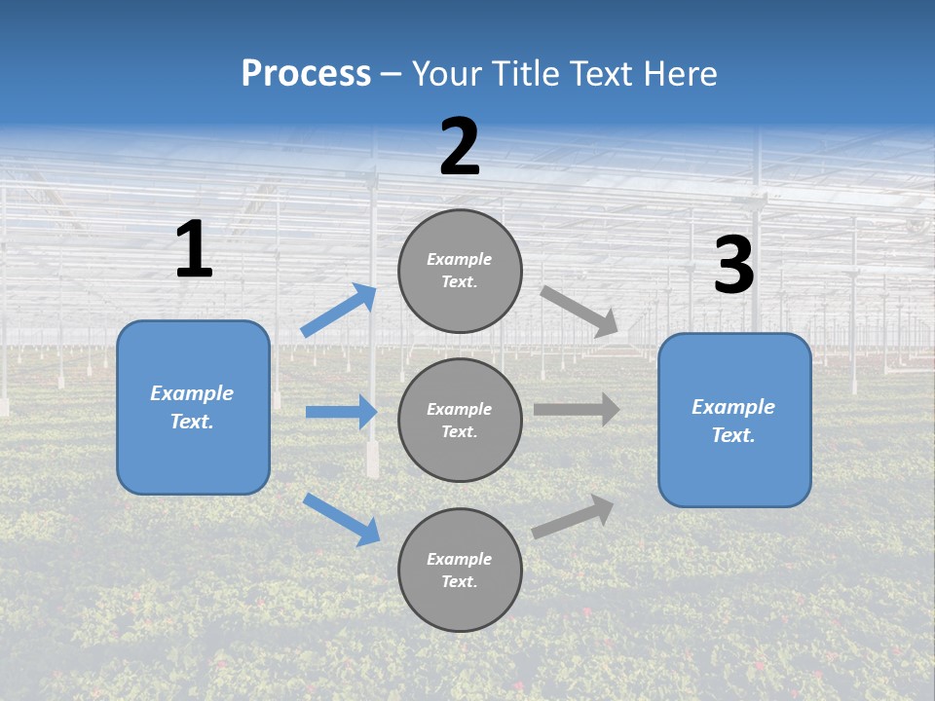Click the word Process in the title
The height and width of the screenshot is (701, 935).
(306, 74)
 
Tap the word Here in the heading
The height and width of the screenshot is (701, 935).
(679, 74)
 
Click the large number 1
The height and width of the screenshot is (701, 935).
(194, 249)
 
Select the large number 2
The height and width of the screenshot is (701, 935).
(460, 147)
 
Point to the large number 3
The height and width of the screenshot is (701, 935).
(733, 266)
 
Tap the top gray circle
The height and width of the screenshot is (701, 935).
(461, 271)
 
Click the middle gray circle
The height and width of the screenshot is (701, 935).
(461, 420)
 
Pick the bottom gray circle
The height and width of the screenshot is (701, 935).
(461, 570)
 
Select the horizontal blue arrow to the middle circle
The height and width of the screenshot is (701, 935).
(341, 412)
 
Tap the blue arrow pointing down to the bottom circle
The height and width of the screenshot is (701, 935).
(342, 518)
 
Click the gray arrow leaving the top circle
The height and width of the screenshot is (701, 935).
(580, 312)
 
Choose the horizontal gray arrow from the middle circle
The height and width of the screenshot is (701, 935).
(577, 410)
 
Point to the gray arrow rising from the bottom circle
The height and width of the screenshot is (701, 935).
(573, 517)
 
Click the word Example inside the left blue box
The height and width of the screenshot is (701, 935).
(192, 393)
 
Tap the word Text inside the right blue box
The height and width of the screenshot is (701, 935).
(732, 435)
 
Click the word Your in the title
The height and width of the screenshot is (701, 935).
(443, 74)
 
